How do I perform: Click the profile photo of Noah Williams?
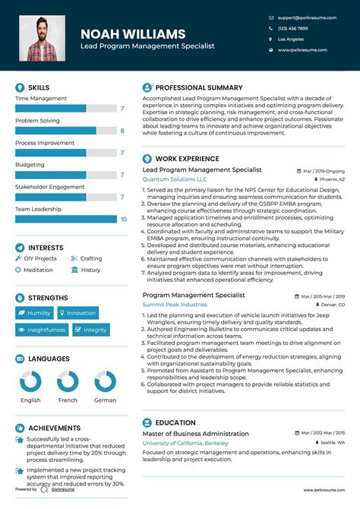tap(42, 39)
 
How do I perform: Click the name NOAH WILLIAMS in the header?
tap(133, 34)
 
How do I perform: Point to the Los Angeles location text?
tap(291, 39)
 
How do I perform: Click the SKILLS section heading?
tap(38, 88)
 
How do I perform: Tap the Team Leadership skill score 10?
tap(123, 219)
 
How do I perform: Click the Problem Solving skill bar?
tap(55, 131)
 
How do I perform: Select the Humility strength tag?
tap(35, 313)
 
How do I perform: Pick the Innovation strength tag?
tap(77, 313)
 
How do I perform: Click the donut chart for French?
tap(68, 381)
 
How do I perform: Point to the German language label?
tap(105, 400)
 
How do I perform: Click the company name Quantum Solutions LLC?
tap(174, 179)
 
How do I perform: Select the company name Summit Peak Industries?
tap(175, 304)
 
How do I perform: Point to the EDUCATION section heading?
tap(175, 422)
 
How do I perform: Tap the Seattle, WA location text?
tap(331, 442)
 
